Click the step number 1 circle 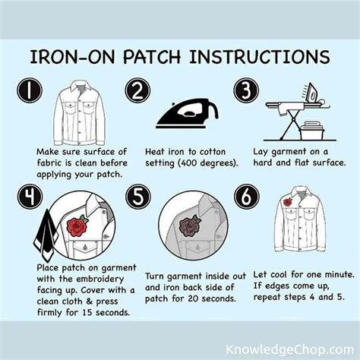(x=30, y=90)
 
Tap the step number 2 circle (x=137, y=90)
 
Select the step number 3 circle (x=246, y=90)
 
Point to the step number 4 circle (x=30, y=197)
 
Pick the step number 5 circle (x=138, y=197)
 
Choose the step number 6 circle (x=247, y=197)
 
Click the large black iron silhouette (x=188, y=114)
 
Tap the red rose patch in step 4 (x=77, y=226)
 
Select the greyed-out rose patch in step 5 (x=189, y=226)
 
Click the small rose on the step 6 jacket (x=288, y=202)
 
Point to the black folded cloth (x=46, y=235)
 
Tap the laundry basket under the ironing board (x=311, y=131)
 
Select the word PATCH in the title (x=152, y=56)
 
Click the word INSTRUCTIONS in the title (x=260, y=56)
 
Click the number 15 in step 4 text (x=87, y=312)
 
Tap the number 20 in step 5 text (x=194, y=298)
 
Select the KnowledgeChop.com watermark (x=289, y=349)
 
